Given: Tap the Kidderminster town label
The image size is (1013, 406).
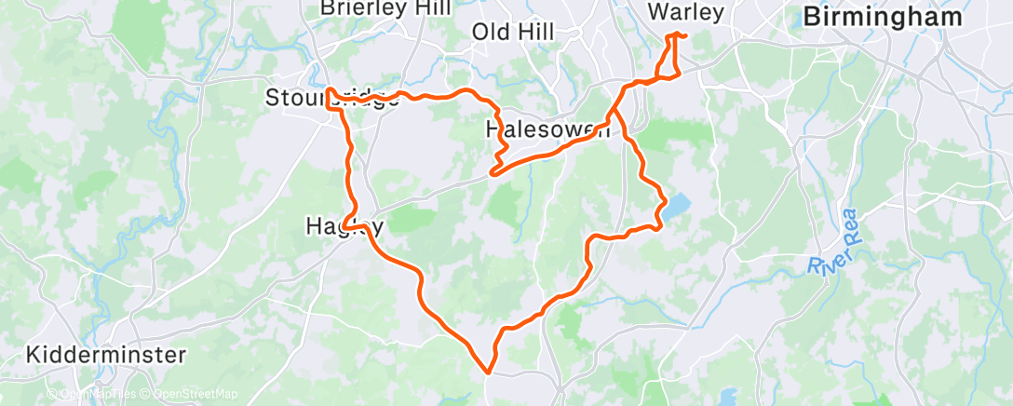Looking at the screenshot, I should pyautogui.click(x=107, y=355).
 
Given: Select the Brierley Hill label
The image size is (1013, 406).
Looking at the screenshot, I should pyautogui.click(x=385, y=8).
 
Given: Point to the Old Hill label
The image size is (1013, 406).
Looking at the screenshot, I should pyautogui.click(x=512, y=32).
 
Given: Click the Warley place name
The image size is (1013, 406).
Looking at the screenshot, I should pyautogui.click(x=685, y=13).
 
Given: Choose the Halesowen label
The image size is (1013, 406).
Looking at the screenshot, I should pyautogui.click(x=548, y=130).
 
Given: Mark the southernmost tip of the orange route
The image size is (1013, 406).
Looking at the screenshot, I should pyautogui.click(x=487, y=372).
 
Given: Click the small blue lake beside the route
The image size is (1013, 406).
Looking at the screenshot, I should pyautogui.click(x=680, y=203).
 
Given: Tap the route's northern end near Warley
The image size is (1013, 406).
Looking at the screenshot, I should pyautogui.click(x=674, y=35).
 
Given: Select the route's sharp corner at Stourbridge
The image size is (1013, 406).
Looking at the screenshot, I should pyautogui.click(x=330, y=90).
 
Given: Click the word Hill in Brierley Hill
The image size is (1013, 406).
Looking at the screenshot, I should pyautogui.click(x=429, y=8).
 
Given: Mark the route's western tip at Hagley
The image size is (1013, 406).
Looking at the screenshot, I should pyautogui.click(x=344, y=225).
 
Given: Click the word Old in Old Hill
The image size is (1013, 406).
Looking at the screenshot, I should pyautogui.click(x=490, y=32).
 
